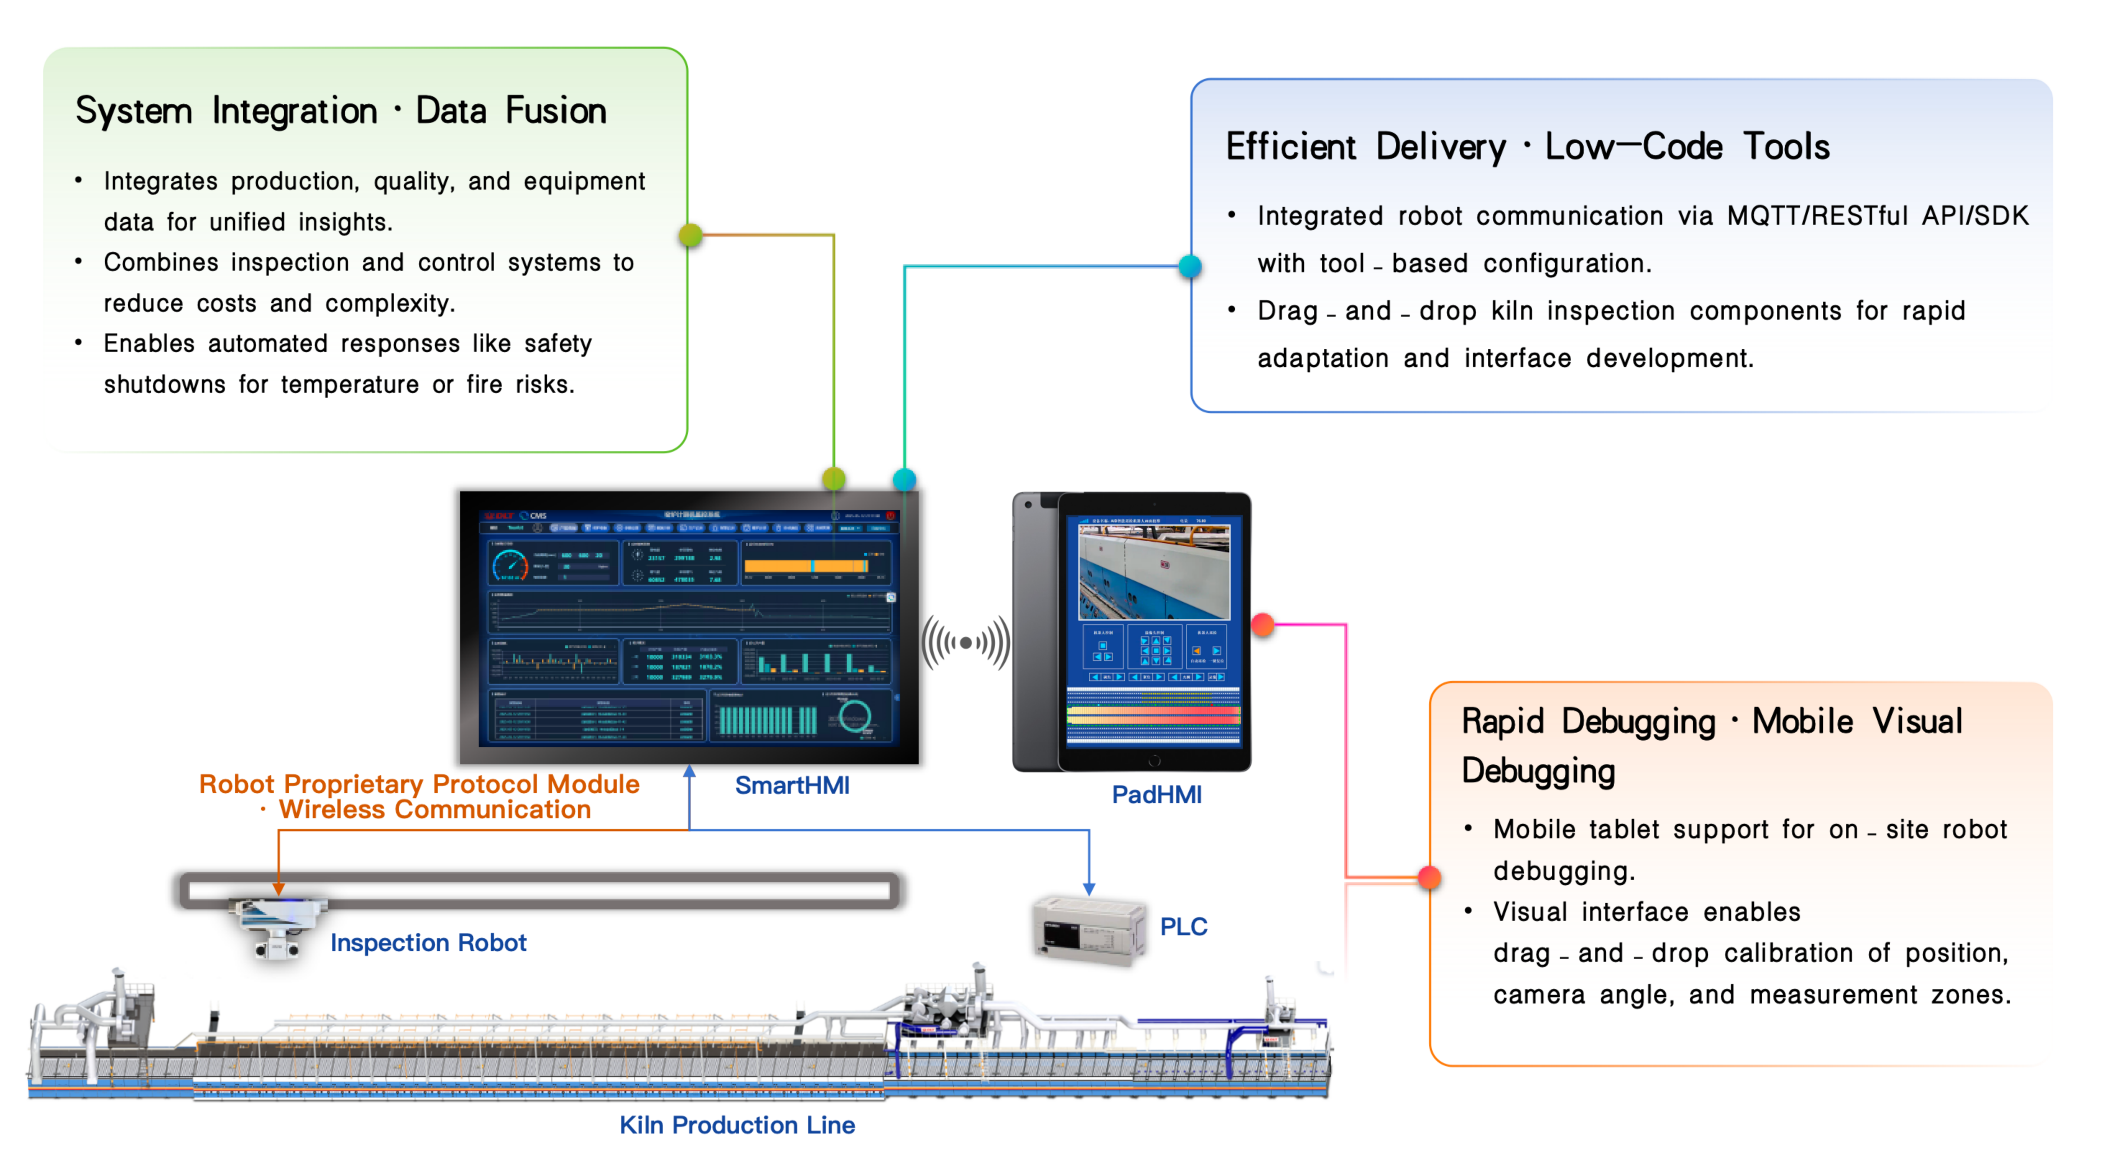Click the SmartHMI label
(791, 785)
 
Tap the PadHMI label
(1156, 794)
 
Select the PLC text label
(1183, 927)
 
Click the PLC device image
(1089, 931)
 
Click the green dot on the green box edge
(690, 235)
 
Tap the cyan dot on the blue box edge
(1190, 266)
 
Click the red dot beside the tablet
(1262, 625)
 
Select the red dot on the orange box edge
(1429, 878)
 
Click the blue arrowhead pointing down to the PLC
(1088, 889)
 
